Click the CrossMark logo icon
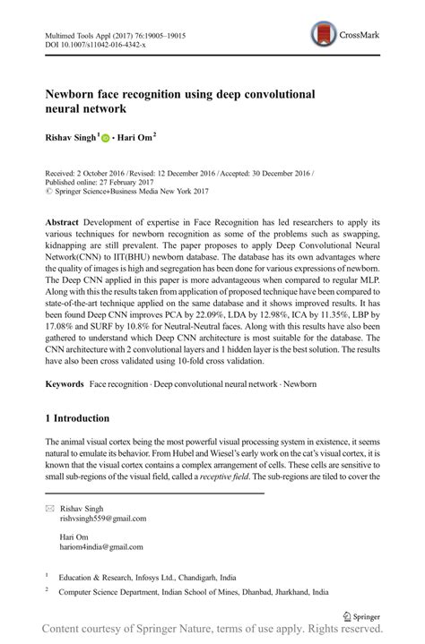325,35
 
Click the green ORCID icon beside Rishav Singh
105,138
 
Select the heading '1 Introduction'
77,418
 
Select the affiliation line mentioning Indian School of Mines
193,592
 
